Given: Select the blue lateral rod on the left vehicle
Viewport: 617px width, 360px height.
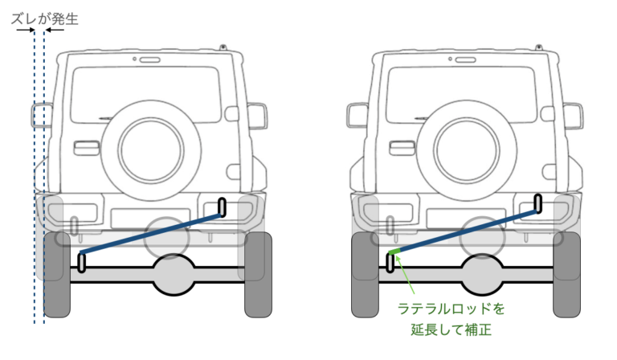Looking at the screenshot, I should coord(153,236).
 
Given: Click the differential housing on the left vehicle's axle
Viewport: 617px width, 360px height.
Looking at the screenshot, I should coord(174,274).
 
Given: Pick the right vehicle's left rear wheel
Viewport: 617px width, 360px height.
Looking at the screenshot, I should coord(362,273).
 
